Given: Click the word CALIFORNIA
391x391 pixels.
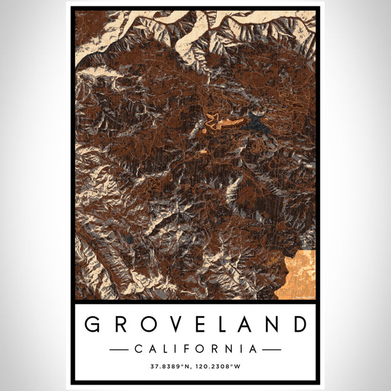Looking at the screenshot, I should point(195,349).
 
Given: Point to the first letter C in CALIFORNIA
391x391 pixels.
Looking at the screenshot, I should point(138,349).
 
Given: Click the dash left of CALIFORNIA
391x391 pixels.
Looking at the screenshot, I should point(119,349).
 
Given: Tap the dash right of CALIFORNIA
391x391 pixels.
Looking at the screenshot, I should point(272,349).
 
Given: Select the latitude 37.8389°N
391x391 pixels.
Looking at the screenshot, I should point(172,367).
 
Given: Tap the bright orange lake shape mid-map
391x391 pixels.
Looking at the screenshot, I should point(225,122).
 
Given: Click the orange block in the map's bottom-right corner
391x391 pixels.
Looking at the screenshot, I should point(297,274).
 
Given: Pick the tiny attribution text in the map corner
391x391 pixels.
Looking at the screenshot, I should point(303,297).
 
